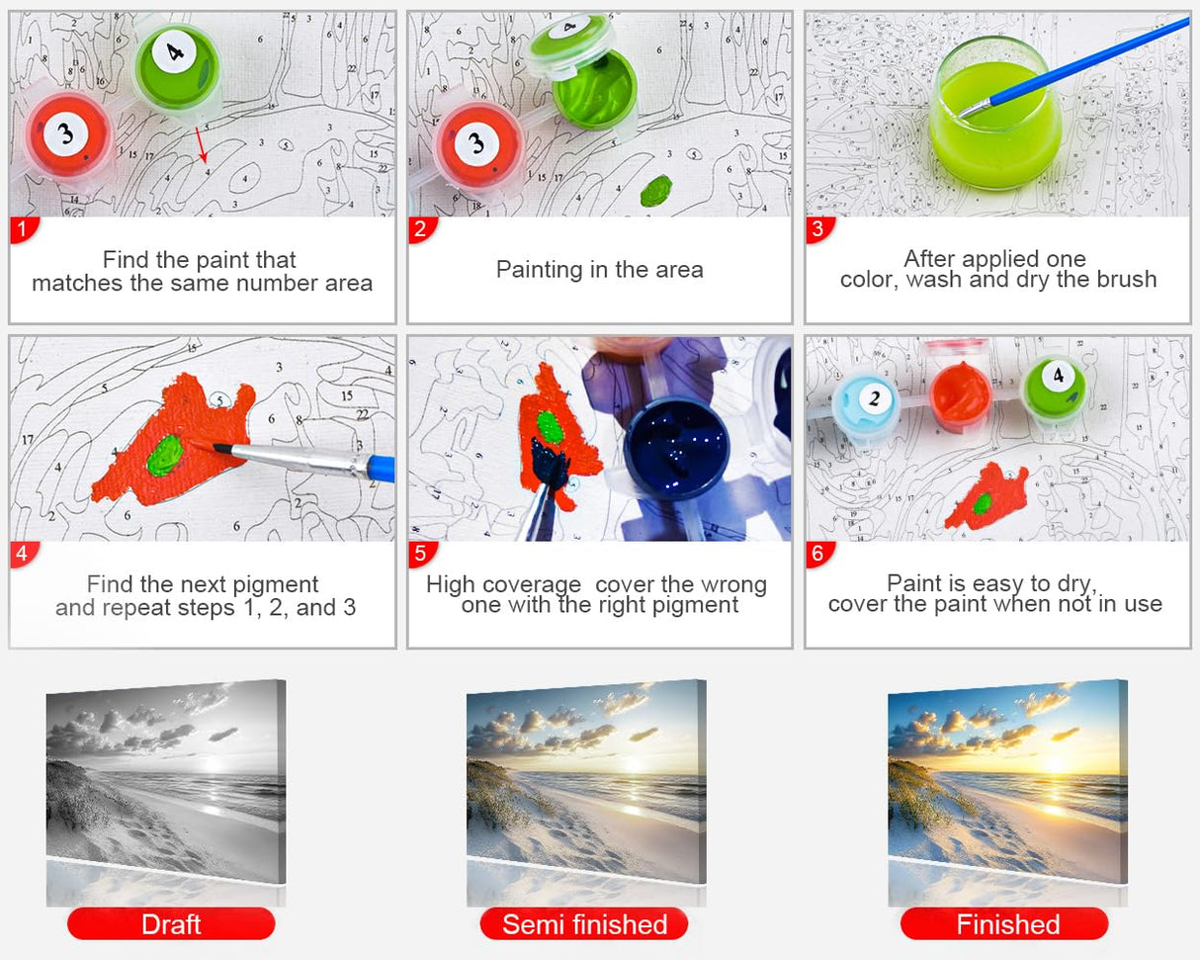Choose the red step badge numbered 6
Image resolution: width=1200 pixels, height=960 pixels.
point(817,555)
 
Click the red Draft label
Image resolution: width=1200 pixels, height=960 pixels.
point(171,924)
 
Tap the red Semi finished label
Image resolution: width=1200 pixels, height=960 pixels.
point(584,924)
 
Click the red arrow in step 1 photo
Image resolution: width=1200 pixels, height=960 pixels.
point(202,144)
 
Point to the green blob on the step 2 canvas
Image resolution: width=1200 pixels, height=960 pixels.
point(656,190)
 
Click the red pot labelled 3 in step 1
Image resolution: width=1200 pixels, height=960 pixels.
point(66,135)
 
